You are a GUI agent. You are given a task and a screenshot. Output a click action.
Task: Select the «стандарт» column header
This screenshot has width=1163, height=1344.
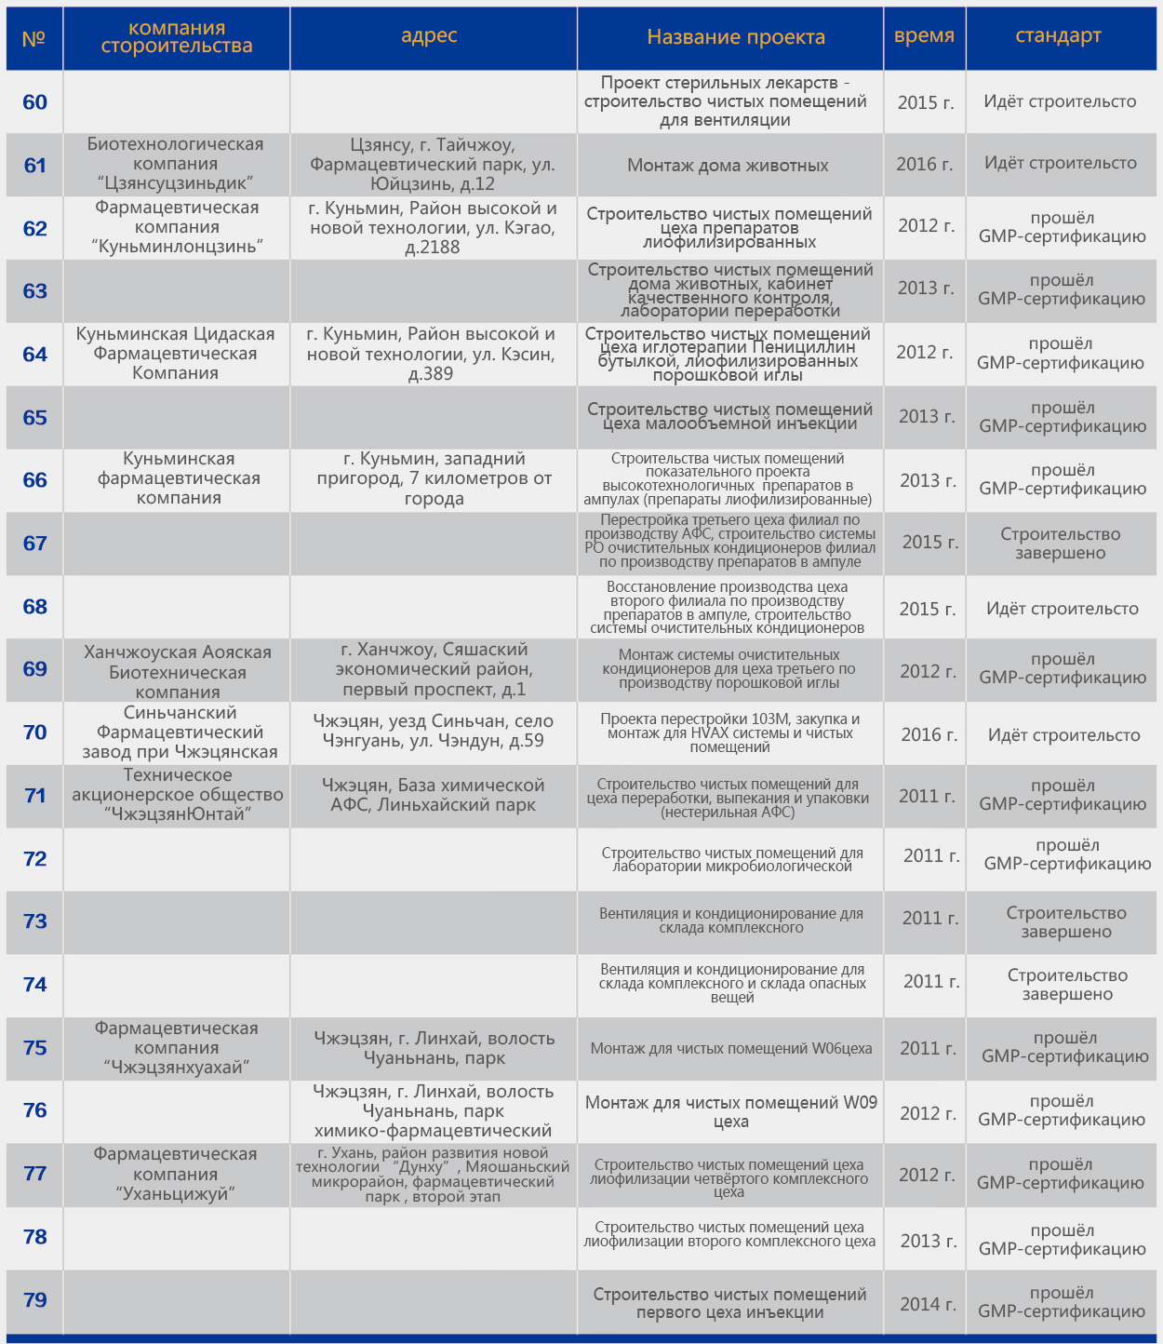click(1058, 36)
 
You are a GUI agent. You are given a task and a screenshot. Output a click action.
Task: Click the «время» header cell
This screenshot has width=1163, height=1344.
click(924, 36)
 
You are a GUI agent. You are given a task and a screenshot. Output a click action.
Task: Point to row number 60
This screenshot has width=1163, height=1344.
click(34, 102)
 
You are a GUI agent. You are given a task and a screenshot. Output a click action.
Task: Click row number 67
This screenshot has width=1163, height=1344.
click(34, 544)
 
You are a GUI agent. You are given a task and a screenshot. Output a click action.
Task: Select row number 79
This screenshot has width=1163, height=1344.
click(34, 1300)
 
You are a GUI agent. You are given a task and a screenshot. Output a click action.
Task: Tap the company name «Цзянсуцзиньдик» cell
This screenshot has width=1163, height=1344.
click(176, 164)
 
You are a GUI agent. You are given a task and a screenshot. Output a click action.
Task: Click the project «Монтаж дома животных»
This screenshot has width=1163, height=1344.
click(728, 166)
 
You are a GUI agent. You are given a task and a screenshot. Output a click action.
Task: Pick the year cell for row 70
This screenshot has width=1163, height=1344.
click(929, 734)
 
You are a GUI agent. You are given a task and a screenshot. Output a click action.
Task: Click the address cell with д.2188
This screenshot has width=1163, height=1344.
click(433, 227)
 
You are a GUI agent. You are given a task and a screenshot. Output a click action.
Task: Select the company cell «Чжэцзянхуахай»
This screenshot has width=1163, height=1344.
click(176, 1047)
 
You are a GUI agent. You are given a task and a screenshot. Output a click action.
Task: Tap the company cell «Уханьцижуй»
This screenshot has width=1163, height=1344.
click(175, 1174)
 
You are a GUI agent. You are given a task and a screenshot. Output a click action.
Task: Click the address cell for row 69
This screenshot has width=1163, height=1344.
click(434, 669)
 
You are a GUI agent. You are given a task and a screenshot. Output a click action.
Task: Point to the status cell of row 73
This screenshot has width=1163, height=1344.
click(1066, 921)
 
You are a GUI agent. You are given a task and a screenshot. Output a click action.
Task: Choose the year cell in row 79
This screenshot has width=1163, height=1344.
click(928, 1304)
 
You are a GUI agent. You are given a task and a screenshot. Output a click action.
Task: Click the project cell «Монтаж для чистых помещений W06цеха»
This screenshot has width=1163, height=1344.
click(731, 1049)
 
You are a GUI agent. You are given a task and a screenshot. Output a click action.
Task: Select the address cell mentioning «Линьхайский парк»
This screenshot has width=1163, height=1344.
click(433, 795)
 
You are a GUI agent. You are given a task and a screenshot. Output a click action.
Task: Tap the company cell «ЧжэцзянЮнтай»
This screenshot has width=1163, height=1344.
click(177, 795)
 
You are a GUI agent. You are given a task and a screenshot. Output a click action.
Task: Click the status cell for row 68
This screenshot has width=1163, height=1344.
click(1063, 609)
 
